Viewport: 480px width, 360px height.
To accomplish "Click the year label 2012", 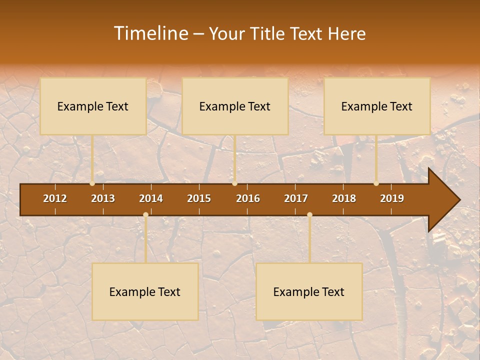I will [55, 198].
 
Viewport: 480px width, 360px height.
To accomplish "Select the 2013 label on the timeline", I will [103, 198].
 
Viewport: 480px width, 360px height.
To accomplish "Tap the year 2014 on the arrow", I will [151, 198].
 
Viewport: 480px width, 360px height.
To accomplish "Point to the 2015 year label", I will [199, 198].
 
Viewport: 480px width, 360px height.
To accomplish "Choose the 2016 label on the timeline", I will [248, 198].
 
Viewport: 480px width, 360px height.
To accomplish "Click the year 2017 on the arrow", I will [296, 198].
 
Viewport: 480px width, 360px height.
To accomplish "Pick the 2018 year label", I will [344, 198].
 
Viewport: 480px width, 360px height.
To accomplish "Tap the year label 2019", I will [392, 198].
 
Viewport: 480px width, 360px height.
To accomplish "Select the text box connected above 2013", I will [93, 106].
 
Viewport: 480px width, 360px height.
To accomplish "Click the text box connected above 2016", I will [235, 106].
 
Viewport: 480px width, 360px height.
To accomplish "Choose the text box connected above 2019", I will [377, 106].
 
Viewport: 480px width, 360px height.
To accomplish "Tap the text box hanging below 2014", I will [145, 291].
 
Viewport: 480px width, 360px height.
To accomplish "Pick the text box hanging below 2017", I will [309, 291].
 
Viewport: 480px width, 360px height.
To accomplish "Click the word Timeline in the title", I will [150, 33].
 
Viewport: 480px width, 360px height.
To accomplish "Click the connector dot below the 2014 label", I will [145, 215].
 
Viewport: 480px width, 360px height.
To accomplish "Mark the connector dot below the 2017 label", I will [309, 215].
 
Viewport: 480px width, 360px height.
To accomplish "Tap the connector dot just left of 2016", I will [234, 183].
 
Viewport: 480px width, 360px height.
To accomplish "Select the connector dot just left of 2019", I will [376, 183].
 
